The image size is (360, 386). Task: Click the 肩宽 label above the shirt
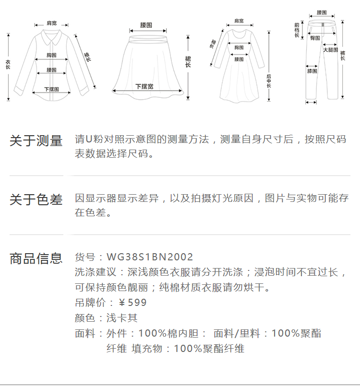click(x=51, y=23)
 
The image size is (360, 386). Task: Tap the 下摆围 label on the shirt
click(x=51, y=90)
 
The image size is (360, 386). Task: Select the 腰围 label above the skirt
click(x=146, y=24)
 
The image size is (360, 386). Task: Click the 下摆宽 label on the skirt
click(x=144, y=86)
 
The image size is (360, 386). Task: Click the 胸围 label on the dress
click(x=239, y=47)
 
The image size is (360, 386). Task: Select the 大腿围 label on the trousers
click(x=330, y=50)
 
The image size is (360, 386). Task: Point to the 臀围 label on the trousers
click(x=315, y=37)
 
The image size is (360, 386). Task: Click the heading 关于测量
click(x=36, y=141)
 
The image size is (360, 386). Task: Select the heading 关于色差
click(x=36, y=199)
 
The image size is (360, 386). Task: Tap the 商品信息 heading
click(x=36, y=258)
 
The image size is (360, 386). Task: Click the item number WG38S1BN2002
click(x=150, y=257)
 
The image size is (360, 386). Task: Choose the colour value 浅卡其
click(x=122, y=318)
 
